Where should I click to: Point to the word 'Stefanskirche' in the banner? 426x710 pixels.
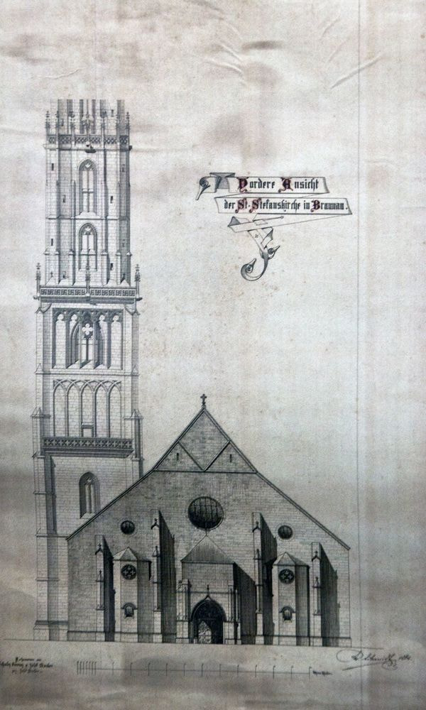(272, 207)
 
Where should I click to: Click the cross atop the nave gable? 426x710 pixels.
(203, 400)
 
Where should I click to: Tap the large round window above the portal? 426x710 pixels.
(205, 513)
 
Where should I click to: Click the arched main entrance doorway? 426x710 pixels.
(207, 622)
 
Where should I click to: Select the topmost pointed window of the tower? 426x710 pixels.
(87, 186)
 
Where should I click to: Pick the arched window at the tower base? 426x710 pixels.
(88, 494)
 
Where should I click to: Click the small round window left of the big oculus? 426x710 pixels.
(128, 527)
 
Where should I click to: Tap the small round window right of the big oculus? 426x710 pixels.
(285, 532)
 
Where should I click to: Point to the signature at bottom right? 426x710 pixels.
(376, 657)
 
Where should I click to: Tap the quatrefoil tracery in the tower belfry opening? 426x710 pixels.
(87, 331)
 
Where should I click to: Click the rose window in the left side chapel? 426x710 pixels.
(129, 572)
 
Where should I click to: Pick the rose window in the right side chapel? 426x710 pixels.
(286, 576)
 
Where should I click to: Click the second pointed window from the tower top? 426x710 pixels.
(87, 246)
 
